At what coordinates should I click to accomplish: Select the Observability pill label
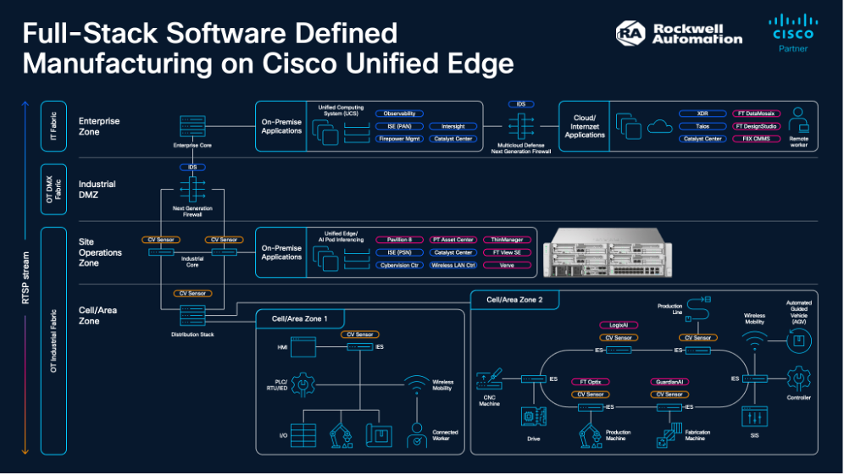[399, 113]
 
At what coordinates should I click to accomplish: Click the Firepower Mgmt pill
[399, 138]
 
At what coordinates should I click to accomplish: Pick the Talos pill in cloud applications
[702, 126]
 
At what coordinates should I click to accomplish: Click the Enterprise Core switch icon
[193, 128]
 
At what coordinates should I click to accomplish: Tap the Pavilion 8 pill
[399, 240]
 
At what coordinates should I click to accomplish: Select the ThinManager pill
[507, 240]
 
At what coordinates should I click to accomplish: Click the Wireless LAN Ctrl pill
[453, 265]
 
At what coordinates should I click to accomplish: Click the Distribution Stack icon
[193, 315]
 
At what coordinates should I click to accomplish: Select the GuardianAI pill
[669, 382]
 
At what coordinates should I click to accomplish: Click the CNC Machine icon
[490, 381]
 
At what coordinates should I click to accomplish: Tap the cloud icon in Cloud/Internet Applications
[658, 127]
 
